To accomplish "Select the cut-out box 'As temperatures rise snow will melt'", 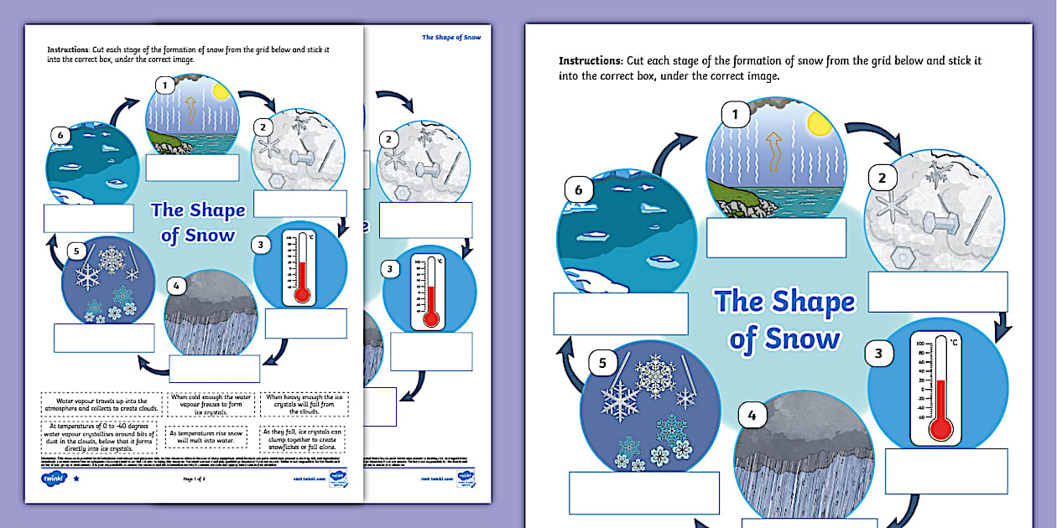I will coord(206,437).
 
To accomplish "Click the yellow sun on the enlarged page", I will coord(818,124).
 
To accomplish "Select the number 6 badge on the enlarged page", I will coord(578,190).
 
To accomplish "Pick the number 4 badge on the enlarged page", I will coord(752,415).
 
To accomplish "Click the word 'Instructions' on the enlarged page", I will coord(590,61).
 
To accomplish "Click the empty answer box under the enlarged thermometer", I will coord(945,470).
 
